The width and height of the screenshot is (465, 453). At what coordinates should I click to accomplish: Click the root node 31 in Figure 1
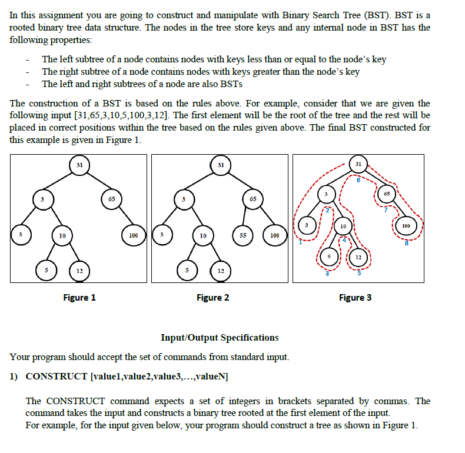pos(79,165)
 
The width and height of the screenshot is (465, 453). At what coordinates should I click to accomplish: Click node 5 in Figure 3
pos(330,258)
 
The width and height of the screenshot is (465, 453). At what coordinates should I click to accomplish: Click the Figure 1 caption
pos(79,298)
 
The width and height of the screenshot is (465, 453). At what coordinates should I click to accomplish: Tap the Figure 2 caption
pos(213,298)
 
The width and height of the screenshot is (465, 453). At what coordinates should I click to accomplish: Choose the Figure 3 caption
pos(355,298)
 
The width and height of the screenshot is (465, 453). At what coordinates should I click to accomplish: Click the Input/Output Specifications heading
pos(220,338)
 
